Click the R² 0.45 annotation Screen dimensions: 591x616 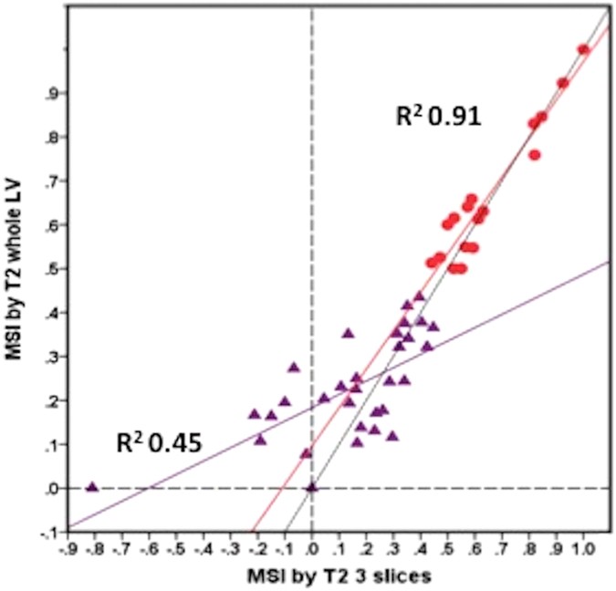pyautogui.click(x=159, y=444)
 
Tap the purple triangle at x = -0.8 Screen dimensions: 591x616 pyautogui.click(x=92, y=487)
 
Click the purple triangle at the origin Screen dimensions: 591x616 pyautogui.click(x=312, y=487)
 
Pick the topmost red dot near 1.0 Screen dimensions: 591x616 pyautogui.click(x=583, y=49)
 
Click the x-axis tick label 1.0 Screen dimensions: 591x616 pyautogui.click(x=583, y=550)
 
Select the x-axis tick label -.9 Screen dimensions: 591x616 pyautogui.click(x=67, y=550)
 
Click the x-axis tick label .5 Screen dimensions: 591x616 pyautogui.click(x=448, y=550)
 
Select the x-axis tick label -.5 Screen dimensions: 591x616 pyautogui.click(x=175, y=550)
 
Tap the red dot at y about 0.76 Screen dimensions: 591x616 pyautogui.click(x=535, y=155)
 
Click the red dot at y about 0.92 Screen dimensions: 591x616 pyautogui.click(x=563, y=83)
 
